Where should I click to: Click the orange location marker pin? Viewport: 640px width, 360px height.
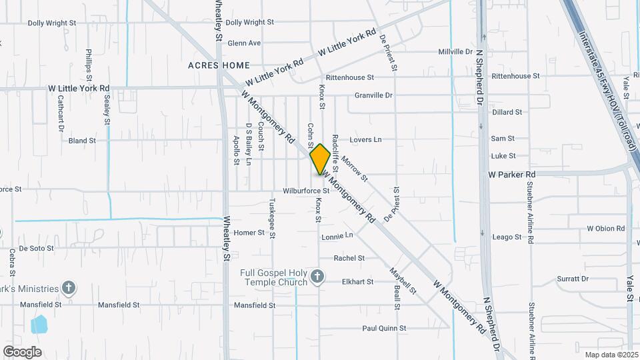[x=321, y=159]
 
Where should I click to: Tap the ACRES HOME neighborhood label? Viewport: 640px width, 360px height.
[x=219, y=65]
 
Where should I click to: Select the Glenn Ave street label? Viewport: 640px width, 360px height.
[x=244, y=43]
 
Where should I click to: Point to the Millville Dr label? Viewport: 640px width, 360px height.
[x=455, y=51]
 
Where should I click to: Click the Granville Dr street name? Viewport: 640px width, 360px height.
[x=373, y=95]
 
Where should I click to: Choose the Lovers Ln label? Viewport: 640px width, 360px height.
[x=366, y=140]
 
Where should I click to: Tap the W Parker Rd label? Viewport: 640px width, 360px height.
[x=512, y=174]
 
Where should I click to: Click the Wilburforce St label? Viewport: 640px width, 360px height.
[x=306, y=191]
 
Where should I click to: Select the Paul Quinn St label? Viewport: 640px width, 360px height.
[x=384, y=328]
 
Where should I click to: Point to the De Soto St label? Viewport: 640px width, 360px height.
[x=36, y=248]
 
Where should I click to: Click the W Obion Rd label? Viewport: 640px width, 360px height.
[x=605, y=228]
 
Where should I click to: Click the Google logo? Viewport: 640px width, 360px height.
[x=22, y=351]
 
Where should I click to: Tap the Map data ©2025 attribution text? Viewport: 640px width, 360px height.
[x=610, y=355]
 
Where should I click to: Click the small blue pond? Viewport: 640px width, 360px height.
[x=39, y=325]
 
